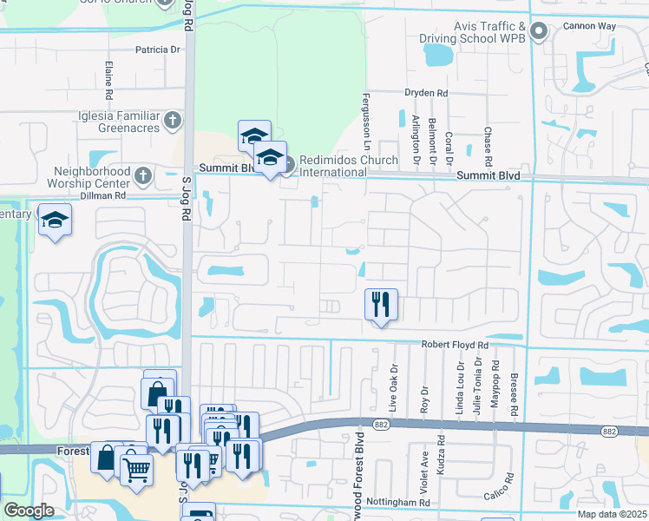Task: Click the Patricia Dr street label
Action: tap(157, 49)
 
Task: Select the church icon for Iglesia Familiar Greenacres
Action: tap(174, 120)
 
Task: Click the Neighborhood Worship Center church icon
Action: tap(144, 176)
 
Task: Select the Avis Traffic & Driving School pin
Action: tap(539, 33)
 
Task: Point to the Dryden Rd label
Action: tap(426, 93)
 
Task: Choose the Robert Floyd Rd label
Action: tap(456, 345)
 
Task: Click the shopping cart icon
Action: tap(136, 470)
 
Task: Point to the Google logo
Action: tap(29, 511)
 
